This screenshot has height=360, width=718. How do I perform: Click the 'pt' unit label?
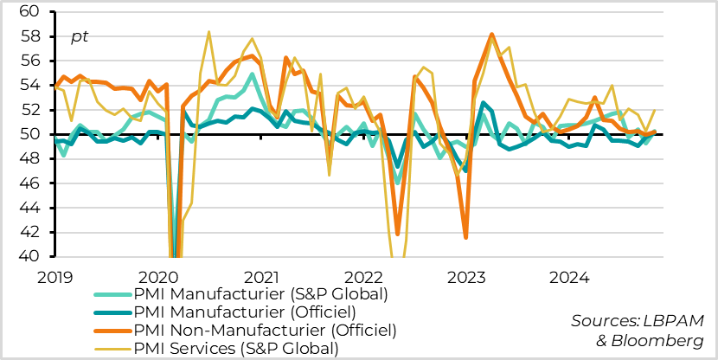pos(80,36)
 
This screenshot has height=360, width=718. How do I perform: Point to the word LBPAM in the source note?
pos(680,321)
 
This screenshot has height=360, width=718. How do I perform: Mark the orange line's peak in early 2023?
pos(491,34)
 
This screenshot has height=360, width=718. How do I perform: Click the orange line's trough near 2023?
pos(466,238)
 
